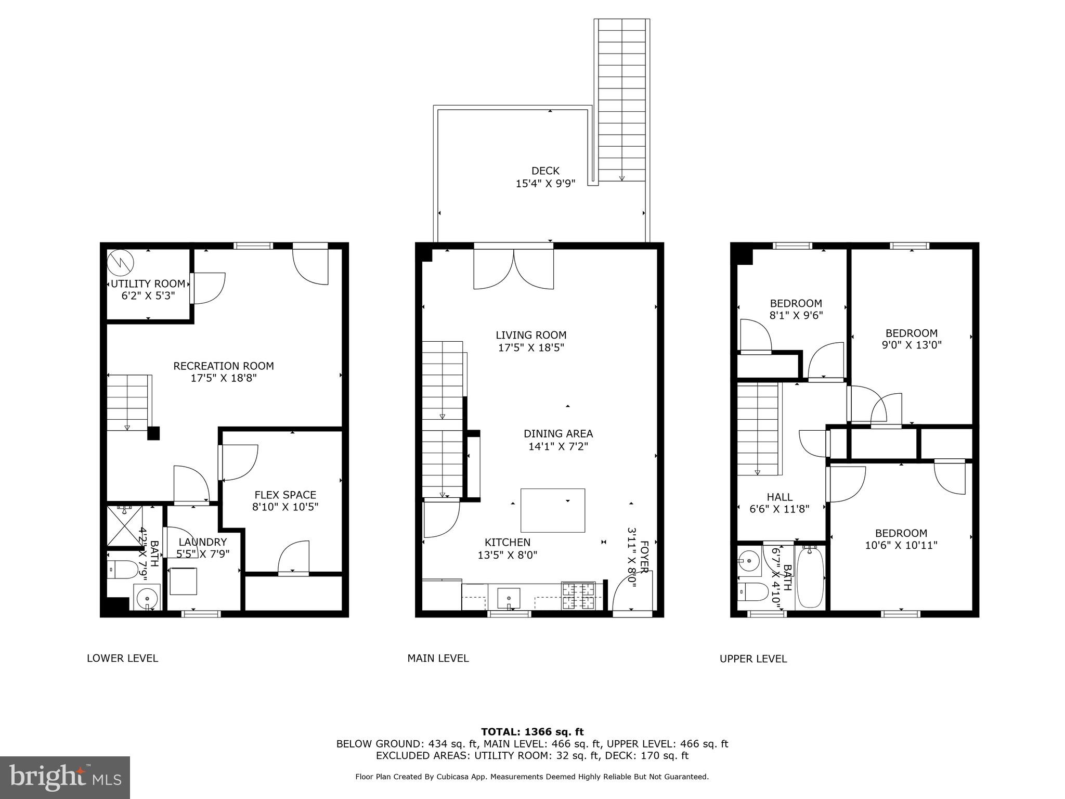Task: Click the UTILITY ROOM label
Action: pyautogui.click(x=148, y=284)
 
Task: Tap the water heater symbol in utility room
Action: pyautogui.click(x=121, y=262)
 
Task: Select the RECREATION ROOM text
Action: pyautogui.click(x=224, y=366)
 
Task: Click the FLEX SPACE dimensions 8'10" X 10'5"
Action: pyautogui.click(x=285, y=507)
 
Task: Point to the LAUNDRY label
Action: pyautogui.click(x=202, y=542)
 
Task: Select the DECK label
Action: pyautogui.click(x=545, y=171)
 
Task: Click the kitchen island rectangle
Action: pyautogui.click(x=552, y=510)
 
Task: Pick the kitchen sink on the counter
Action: pyautogui.click(x=509, y=598)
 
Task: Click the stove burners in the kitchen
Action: pyautogui.click(x=578, y=596)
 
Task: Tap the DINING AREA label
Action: pyautogui.click(x=558, y=434)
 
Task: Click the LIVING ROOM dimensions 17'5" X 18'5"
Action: pyautogui.click(x=531, y=347)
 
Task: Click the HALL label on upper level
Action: pyautogui.click(x=780, y=497)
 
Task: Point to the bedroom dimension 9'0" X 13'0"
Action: pyautogui.click(x=911, y=345)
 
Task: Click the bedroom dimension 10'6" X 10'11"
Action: pyautogui.click(x=901, y=545)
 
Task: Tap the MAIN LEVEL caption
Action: pyautogui.click(x=438, y=659)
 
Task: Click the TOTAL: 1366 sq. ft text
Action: pyautogui.click(x=532, y=732)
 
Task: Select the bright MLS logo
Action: pyautogui.click(x=65, y=777)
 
